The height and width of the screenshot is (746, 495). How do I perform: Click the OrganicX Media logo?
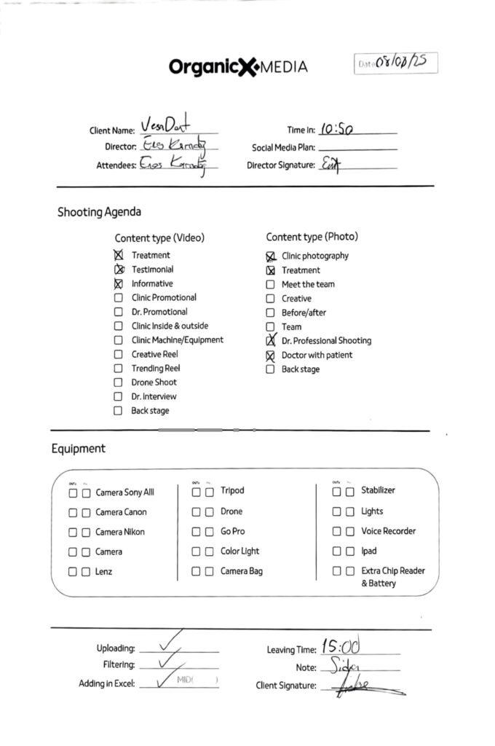[x=238, y=67]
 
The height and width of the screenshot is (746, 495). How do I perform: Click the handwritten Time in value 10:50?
[x=336, y=129]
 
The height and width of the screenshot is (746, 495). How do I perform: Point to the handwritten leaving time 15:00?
[x=341, y=646]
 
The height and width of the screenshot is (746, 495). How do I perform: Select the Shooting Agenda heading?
[x=99, y=212]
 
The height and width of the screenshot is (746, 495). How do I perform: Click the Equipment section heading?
[x=78, y=449]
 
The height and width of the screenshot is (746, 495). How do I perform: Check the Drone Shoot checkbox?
[x=118, y=382]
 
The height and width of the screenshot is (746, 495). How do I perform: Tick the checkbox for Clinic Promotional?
[x=118, y=297]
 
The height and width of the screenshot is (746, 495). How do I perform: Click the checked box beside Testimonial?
[x=119, y=270]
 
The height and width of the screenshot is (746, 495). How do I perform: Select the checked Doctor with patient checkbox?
[x=270, y=356]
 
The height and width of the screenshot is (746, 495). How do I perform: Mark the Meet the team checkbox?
[x=270, y=284]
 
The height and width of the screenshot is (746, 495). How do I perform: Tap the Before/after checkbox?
[x=270, y=313]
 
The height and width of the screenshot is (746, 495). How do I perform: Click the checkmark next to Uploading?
[x=170, y=642]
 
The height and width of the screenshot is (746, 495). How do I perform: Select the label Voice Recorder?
[x=388, y=531]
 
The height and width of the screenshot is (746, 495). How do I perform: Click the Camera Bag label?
[x=241, y=571]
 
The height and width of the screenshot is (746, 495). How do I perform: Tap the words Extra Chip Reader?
[x=393, y=571]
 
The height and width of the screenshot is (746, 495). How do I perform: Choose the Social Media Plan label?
[x=283, y=147]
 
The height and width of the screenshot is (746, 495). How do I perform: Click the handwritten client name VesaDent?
[x=165, y=125]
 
